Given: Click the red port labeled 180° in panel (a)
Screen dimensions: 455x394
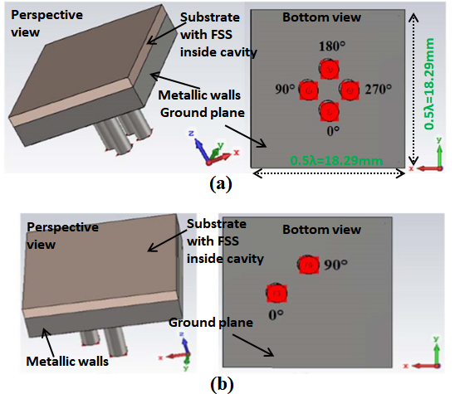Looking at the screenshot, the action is [330, 70].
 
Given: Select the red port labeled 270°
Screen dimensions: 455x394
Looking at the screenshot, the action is [350, 90].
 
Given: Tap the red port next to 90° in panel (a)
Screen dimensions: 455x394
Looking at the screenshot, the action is [309, 90].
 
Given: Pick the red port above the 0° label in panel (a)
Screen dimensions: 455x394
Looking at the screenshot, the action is [330, 111].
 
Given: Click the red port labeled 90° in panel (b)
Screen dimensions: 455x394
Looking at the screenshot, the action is [309, 265].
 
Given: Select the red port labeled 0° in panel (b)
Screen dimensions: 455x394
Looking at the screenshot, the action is [276, 294].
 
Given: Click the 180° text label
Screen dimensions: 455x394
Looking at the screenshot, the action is [332, 46].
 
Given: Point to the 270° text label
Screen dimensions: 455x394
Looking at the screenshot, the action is [378, 90].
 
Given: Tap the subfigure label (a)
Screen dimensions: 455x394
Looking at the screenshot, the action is [221, 184].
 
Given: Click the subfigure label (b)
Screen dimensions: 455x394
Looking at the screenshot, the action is [222, 384].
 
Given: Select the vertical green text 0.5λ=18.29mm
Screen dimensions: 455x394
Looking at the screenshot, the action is [429, 84].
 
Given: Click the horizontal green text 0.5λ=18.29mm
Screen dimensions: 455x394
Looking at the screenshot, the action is [336, 161].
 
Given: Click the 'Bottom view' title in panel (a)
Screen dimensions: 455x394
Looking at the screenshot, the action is [322, 17].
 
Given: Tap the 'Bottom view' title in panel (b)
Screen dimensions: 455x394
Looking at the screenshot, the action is [322, 230].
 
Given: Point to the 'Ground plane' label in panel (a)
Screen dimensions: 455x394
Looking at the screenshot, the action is [203, 113].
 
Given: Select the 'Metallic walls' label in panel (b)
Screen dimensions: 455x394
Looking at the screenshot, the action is [67, 362].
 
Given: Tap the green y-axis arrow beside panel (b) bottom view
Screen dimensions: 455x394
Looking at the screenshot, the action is [437, 353].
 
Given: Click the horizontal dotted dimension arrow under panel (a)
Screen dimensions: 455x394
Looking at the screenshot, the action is [329, 173].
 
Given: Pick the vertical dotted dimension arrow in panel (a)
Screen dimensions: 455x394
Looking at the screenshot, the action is [413, 90].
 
